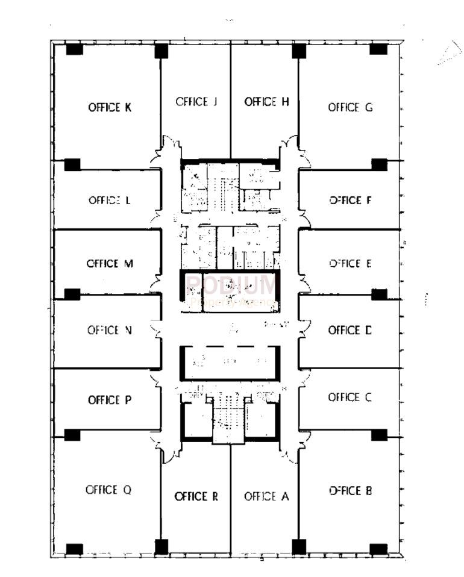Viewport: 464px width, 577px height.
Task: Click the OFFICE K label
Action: point(110,108)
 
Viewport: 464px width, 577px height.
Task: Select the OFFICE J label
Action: point(196,102)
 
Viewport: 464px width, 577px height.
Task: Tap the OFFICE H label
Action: point(266,102)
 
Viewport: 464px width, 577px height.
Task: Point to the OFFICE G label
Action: point(350,107)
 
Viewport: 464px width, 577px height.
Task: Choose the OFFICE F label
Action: point(350,201)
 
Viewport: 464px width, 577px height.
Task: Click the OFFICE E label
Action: point(350,263)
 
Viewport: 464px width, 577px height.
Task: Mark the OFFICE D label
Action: point(350,330)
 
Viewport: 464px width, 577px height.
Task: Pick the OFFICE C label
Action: point(350,398)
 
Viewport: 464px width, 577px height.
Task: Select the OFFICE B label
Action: point(350,490)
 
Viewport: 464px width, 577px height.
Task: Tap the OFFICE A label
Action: point(266,497)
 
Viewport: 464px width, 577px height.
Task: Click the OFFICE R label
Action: point(196,497)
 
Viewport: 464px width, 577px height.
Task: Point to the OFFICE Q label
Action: point(108,490)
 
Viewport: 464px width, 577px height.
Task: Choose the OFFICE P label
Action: point(110,400)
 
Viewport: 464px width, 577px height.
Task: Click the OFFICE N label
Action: point(110,330)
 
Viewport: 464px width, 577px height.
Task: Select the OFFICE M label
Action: point(110,264)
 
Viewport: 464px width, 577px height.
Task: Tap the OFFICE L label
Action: point(110,201)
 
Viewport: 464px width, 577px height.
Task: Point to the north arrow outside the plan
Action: point(448,54)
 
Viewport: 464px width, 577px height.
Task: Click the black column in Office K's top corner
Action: point(74,50)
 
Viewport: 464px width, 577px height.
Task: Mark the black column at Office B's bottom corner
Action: point(378,549)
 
